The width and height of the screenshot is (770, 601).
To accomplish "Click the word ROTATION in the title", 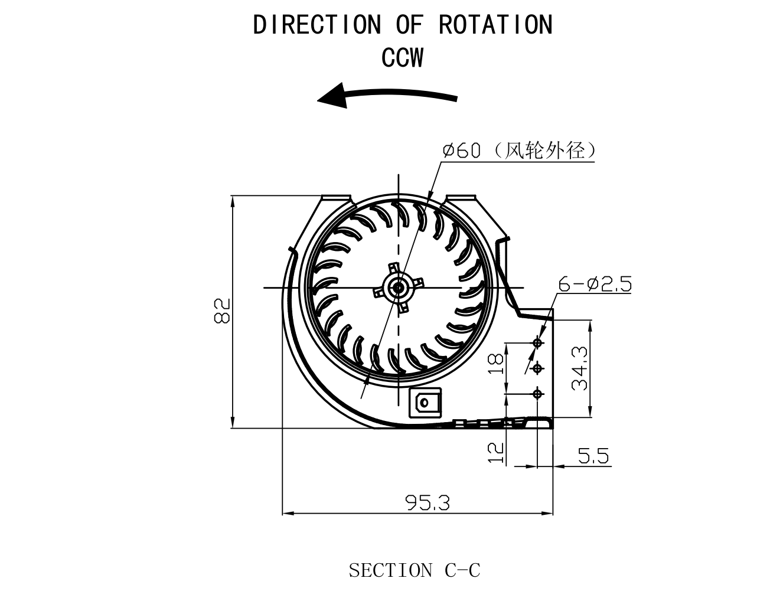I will click(x=495, y=25).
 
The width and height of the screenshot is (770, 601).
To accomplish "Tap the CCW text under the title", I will click(x=403, y=58).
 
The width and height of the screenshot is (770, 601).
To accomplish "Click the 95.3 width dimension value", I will click(x=428, y=503).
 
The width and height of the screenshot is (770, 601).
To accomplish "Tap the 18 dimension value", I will click(x=497, y=364).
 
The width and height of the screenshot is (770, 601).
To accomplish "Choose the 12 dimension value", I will click(x=497, y=452).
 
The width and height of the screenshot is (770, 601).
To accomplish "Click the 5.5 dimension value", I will click(x=593, y=456).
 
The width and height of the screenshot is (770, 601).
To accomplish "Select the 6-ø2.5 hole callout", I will click(x=595, y=285).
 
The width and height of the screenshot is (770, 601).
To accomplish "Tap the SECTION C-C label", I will click(x=414, y=570).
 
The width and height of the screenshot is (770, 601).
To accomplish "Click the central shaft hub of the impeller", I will click(x=398, y=288).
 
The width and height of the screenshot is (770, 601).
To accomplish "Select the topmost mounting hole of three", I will click(x=537, y=342).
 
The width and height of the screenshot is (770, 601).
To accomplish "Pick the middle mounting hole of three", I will click(x=537, y=369).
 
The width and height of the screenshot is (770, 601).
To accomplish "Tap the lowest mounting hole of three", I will click(x=537, y=393).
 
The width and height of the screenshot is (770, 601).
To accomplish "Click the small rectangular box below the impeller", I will click(x=425, y=403).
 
